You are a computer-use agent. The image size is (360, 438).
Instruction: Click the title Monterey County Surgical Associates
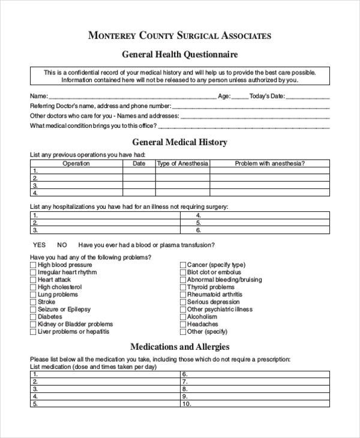[179, 35]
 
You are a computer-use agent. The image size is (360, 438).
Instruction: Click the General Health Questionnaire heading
[180, 55]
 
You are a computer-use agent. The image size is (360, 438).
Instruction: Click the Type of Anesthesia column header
[182, 163]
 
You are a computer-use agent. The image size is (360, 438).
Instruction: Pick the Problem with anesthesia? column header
[269, 163]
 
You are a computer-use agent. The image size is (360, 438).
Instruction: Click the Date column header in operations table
[139, 163]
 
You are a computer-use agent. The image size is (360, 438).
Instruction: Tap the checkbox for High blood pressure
[33, 265]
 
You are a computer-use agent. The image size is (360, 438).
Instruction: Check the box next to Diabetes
[33, 317]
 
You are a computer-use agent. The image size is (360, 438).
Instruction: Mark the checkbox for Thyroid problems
[182, 287]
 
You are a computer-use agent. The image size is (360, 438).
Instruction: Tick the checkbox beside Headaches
[182, 324]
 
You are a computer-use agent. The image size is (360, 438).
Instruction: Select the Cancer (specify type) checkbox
[182, 265]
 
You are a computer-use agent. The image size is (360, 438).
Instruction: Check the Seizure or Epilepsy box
[33, 310]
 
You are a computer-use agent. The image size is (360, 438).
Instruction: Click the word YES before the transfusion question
[39, 245]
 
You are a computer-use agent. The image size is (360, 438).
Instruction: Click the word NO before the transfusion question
[62, 245]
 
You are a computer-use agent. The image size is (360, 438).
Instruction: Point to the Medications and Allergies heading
[180, 347]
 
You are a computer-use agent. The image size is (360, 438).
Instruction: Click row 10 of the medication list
[255, 404]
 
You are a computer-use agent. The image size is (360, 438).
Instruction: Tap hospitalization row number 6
[255, 230]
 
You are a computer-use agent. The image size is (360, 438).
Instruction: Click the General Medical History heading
[179, 142]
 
